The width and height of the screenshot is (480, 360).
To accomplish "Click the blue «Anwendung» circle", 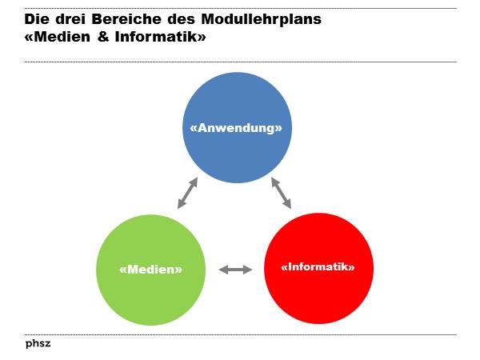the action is [236, 152].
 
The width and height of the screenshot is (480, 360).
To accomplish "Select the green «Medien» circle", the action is [150, 292].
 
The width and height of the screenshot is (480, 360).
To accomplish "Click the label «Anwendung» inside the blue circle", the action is [236, 127].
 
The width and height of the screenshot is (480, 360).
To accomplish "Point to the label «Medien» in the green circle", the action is [150, 270].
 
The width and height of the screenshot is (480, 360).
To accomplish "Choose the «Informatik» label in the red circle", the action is [318, 267].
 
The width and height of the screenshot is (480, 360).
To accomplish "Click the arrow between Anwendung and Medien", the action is [187, 193].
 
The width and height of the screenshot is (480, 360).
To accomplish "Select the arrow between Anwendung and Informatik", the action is [281, 193].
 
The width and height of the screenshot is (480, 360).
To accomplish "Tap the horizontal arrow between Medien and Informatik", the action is [235, 270].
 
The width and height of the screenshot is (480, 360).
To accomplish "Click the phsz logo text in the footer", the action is [38, 344].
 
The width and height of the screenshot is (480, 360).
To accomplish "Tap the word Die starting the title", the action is [37, 20].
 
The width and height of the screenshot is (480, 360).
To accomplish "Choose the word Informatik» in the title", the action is [161, 37].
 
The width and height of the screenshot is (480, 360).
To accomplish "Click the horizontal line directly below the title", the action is [240, 62].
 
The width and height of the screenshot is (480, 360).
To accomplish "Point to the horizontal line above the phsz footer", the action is [240, 334].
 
